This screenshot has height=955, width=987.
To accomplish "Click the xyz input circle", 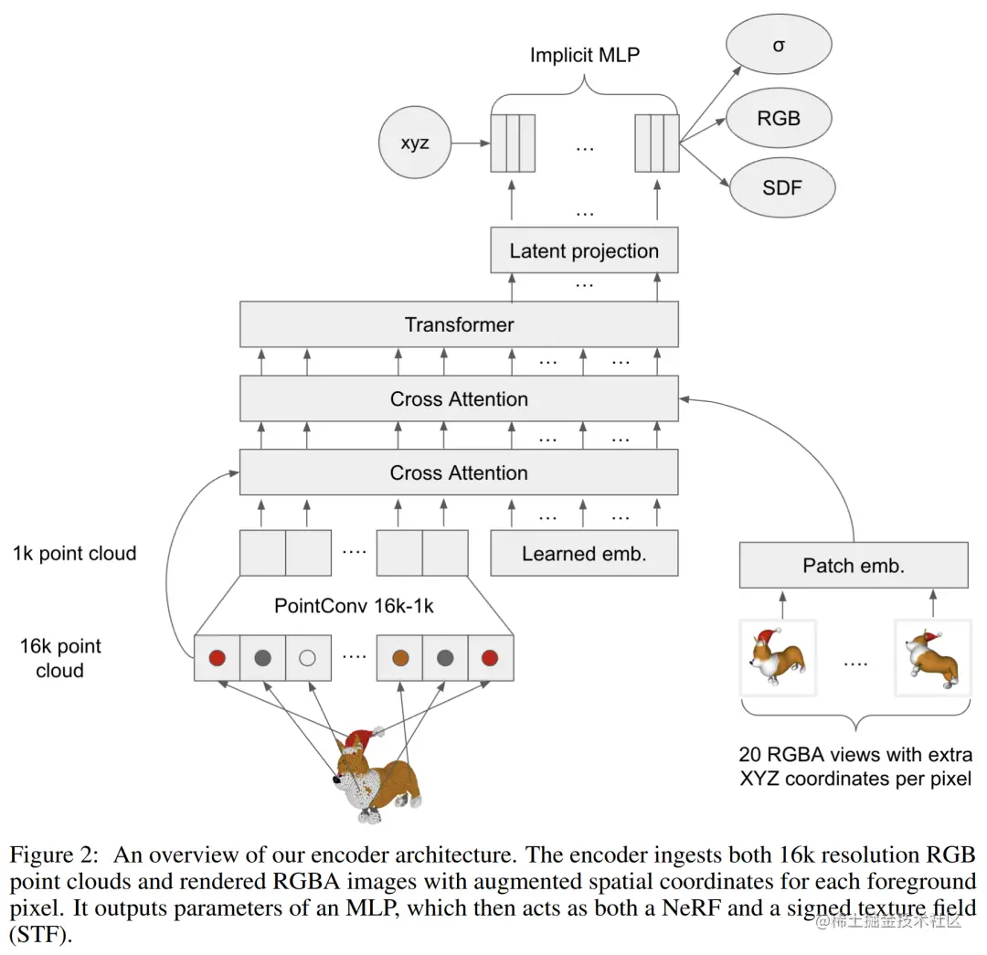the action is click(x=415, y=143).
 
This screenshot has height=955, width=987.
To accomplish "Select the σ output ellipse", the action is click(x=779, y=45).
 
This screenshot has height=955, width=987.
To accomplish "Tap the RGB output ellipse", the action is click(x=779, y=118).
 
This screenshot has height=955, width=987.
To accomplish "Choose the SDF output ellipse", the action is click(x=782, y=187).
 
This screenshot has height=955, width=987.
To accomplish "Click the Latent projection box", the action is click(x=584, y=250).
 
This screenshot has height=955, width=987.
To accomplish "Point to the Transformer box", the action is click(x=459, y=324).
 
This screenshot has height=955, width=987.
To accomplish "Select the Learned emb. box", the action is click(x=584, y=554).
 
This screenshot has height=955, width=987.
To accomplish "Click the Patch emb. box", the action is click(x=854, y=566).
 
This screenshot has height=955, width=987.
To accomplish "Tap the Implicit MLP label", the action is click(x=585, y=55).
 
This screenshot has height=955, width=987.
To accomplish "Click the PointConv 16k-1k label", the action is click(x=354, y=606).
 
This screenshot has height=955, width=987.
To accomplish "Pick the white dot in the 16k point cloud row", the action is click(x=307, y=659).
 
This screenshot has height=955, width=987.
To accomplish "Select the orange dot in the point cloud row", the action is click(x=400, y=659).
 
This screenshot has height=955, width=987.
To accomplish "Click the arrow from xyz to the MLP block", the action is click(x=471, y=143).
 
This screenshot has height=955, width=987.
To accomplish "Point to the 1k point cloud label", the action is click(x=74, y=554).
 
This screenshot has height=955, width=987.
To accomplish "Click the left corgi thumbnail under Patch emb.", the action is click(x=778, y=658).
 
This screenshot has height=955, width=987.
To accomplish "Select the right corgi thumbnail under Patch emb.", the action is click(x=933, y=658).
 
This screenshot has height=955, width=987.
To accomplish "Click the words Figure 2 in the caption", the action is click(x=55, y=854).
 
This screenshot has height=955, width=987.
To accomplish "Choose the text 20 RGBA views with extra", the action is click(x=855, y=754).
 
